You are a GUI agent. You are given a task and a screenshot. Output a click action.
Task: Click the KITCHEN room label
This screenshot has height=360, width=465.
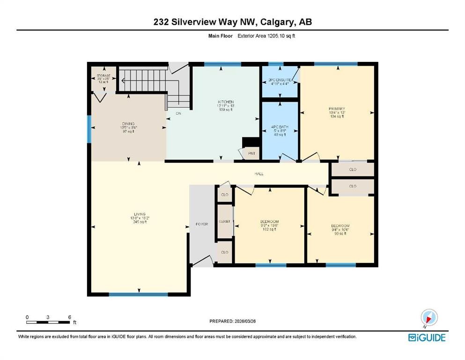[225, 102]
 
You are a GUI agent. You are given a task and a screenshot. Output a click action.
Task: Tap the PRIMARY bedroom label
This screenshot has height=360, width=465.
[336, 108]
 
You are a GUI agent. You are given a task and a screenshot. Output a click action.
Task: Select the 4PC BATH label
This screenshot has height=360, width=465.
[280, 127]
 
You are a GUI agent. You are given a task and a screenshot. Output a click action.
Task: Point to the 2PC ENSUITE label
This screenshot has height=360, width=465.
[280, 81]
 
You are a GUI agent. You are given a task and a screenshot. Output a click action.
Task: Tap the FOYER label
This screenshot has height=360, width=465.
[201, 224]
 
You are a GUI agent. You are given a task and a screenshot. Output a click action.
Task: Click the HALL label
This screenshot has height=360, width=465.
[258, 173]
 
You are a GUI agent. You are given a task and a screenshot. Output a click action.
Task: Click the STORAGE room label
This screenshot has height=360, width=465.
[103, 75]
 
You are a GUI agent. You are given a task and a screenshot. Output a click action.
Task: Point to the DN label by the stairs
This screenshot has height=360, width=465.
[178, 113]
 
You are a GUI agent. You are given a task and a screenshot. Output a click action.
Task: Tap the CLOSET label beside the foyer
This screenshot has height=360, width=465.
[224, 221]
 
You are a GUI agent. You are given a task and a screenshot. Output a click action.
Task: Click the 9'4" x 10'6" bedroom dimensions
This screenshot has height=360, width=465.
[340, 230]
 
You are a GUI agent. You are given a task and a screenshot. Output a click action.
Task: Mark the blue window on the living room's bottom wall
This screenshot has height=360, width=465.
[138, 294]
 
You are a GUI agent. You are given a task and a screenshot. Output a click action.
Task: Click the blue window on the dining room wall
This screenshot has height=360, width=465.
[89, 129]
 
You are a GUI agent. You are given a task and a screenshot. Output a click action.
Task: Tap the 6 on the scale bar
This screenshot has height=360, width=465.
[69, 317]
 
